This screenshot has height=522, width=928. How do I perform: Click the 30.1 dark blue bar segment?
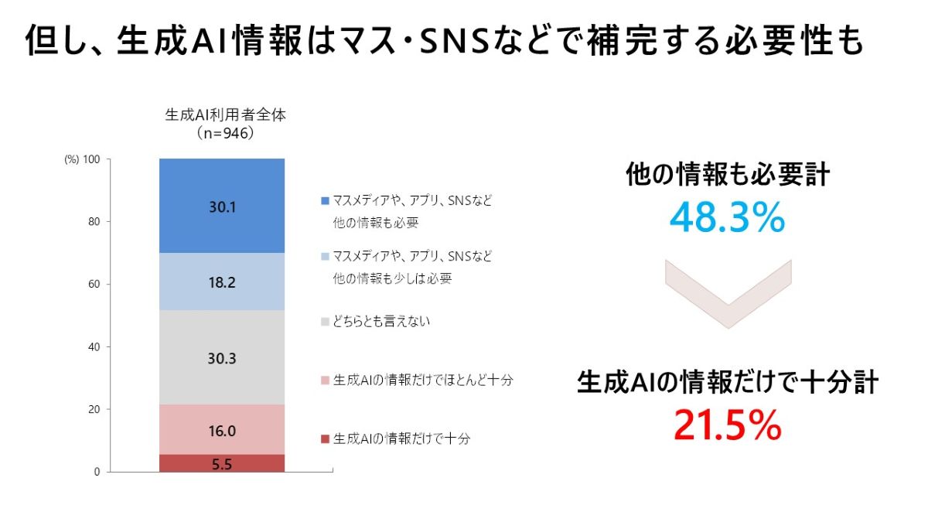(222, 206)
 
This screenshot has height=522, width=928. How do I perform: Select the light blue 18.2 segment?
(222, 281)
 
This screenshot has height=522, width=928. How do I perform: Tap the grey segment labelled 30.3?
(222, 357)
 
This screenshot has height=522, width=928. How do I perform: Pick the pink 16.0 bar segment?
(222, 429)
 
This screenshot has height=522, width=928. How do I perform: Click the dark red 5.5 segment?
(222, 463)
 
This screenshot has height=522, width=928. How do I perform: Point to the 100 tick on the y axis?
(91, 159)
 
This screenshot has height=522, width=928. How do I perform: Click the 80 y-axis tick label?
(94, 222)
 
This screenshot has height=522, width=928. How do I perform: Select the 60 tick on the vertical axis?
(94, 285)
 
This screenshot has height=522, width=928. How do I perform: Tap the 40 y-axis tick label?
(94, 347)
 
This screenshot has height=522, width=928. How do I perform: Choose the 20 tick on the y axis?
(94, 409)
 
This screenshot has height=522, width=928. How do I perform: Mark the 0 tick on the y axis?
(97, 472)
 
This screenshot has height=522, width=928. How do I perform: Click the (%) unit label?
(71, 159)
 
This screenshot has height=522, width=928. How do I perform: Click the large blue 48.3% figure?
(727, 220)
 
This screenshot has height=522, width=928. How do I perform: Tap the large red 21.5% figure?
(727, 425)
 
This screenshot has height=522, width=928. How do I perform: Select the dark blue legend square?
(325, 200)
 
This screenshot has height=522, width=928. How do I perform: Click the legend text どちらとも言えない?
(381, 321)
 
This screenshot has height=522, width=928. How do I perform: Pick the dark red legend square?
(325, 439)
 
